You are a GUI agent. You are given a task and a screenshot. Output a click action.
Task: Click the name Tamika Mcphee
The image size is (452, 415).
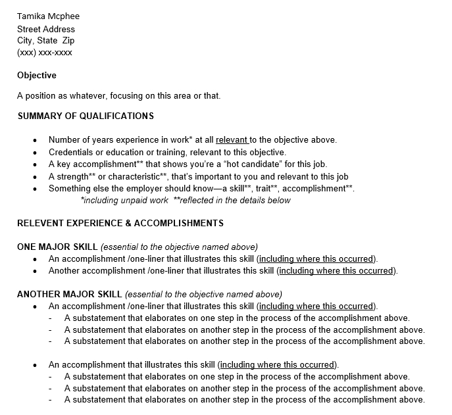coord(48,16)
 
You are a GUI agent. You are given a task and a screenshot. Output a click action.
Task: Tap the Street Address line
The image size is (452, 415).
coord(46,29)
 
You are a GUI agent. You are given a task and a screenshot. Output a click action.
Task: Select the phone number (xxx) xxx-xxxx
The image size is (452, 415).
coord(45,52)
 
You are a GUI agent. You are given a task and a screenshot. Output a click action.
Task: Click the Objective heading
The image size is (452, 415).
coord(37,75)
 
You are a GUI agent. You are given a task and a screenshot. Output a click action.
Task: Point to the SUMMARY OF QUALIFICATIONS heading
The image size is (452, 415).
coord(86,116)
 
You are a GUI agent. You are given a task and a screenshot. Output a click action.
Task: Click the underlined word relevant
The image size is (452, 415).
coord(231,140)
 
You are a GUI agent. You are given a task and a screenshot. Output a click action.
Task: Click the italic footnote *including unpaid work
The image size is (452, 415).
coord(123,201)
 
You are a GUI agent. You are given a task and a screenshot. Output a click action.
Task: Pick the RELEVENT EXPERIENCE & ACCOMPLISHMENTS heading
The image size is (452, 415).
coord(120,223)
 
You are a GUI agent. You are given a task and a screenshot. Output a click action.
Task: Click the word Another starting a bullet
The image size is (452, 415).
coord(64,271)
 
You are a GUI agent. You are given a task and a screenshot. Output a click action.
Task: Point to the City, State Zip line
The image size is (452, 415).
coord(46,41)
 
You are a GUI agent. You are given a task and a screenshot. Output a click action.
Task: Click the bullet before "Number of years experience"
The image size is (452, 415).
coord(35,140)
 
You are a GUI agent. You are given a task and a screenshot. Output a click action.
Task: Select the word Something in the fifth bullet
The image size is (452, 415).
coord(70,188)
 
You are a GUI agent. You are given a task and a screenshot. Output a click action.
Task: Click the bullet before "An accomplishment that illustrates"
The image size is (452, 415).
coord(35,365)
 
